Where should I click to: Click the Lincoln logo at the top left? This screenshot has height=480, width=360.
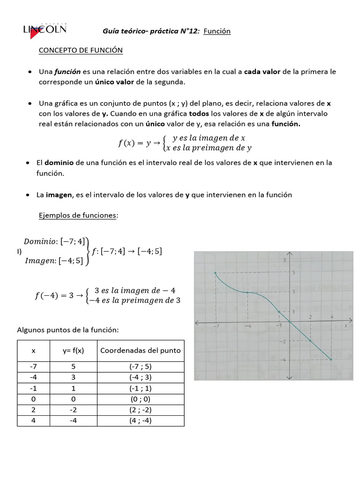point(45,30)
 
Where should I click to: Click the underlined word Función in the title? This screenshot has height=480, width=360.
point(217,31)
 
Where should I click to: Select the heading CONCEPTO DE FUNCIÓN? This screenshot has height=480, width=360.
point(81,50)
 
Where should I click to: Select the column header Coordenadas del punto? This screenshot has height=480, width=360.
point(140,351)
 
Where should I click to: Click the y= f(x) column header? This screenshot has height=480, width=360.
point(74,351)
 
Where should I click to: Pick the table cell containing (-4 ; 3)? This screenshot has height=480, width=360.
point(140,377)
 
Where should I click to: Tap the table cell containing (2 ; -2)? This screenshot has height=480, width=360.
point(140,410)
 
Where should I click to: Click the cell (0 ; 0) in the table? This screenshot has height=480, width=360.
point(140,399)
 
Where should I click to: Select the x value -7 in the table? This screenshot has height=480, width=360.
point(33,367)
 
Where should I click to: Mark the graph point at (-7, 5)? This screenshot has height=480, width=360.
point(215,273)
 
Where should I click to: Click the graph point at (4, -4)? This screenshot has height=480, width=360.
point(331,360)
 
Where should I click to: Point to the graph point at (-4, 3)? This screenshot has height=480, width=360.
point(247,292)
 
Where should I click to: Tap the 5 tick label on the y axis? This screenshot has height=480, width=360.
point(294,272)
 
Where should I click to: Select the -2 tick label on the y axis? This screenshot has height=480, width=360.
point(283,342)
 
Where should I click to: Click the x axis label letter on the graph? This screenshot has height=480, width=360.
point(345,325)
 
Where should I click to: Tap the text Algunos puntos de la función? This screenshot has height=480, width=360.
point(68,330)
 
